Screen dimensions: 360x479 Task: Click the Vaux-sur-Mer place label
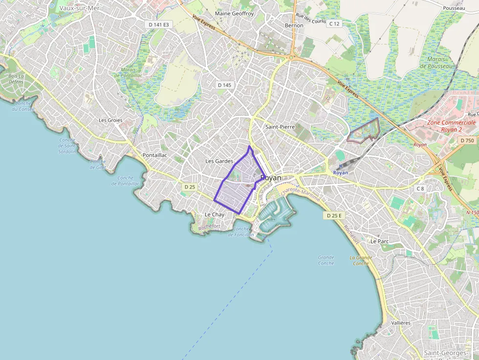point(76,8)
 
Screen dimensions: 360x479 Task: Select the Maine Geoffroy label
point(235,14)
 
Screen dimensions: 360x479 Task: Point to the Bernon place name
point(294,25)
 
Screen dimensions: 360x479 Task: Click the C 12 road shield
point(334,23)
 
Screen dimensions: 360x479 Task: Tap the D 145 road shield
point(224,85)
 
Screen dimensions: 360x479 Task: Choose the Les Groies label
point(110,120)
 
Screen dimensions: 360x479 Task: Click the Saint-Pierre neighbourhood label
point(280,127)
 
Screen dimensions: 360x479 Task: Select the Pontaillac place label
point(155,155)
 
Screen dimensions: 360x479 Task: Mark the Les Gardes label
point(219,161)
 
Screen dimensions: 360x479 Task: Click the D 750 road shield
point(467,141)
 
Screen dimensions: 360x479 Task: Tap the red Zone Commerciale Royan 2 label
point(451,126)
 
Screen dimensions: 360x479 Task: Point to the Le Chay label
point(215,214)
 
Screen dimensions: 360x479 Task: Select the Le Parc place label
point(379,241)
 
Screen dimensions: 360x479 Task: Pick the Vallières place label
point(401,323)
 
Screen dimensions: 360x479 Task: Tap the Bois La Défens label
point(16,79)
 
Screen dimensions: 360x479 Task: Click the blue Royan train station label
point(341,172)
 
